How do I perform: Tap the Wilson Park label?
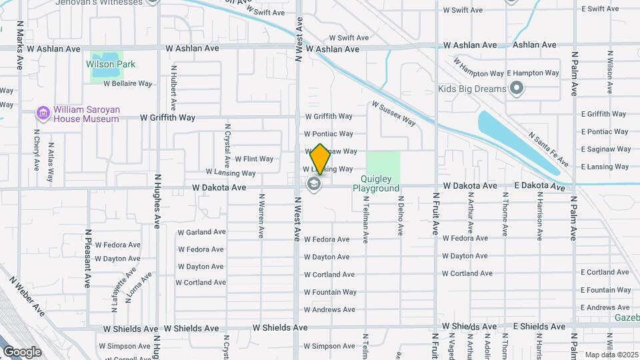point(111,65)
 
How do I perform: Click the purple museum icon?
point(43,114)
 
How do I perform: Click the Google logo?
point(22,351)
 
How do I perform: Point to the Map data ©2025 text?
point(611,355)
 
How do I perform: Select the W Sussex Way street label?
point(393,113)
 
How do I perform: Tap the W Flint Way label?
point(254,159)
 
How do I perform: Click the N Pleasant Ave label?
point(87,259)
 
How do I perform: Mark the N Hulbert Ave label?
point(174,87)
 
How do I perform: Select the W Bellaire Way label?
point(128,84)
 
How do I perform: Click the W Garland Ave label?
point(201,232)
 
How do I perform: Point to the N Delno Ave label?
point(400,215)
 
